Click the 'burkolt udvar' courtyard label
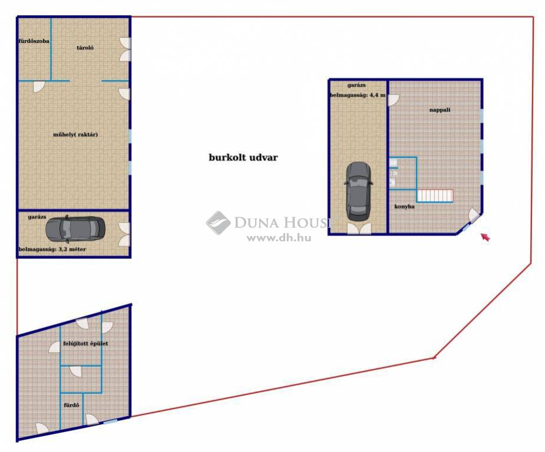coord(243,157)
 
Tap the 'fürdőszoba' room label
coord(34,41)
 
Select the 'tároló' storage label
coord(85,48)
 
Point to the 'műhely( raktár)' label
coord(75,134)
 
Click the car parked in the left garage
coord(75,230)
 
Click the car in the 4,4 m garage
coord(359,192)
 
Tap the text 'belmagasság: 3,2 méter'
coord(52,249)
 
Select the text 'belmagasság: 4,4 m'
coord(358,95)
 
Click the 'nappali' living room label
coord(440,109)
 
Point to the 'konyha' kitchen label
coord(404,206)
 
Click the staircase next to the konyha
coord(435,195)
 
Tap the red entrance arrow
coord(485,237)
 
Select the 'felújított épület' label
coord(85,343)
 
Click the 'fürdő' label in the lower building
coord(71,405)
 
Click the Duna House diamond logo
coord(218,223)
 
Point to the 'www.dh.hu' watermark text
coord(279,238)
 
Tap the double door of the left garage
coord(124,235)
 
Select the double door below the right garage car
coord(359,228)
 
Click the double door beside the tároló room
coord(125,49)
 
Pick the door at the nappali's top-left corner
coord(394,100)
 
